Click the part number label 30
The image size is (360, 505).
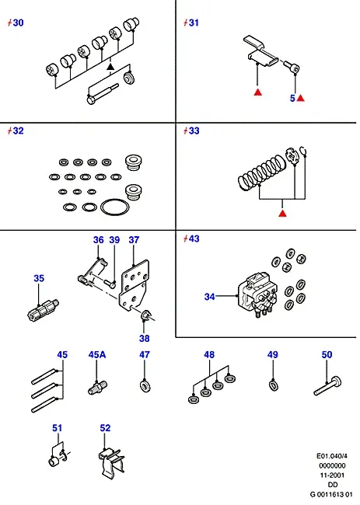coord(18,23)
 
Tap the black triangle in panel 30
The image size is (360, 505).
coord(110,67)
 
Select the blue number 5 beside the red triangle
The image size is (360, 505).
coord(292,98)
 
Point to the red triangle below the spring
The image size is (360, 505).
coord(283,213)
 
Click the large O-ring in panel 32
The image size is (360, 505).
coord(115,207)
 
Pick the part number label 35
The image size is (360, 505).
coord(39,278)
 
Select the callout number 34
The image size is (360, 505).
coord(209,297)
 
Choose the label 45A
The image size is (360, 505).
coord(97,354)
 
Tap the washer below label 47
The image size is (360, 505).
coord(145,386)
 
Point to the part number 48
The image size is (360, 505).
coord(209,354)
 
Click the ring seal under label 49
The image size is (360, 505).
coord(274,385)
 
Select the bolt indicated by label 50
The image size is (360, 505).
coord(327,385)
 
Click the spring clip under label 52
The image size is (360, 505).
coord(111,463)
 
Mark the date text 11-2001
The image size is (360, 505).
coord(332,475)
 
